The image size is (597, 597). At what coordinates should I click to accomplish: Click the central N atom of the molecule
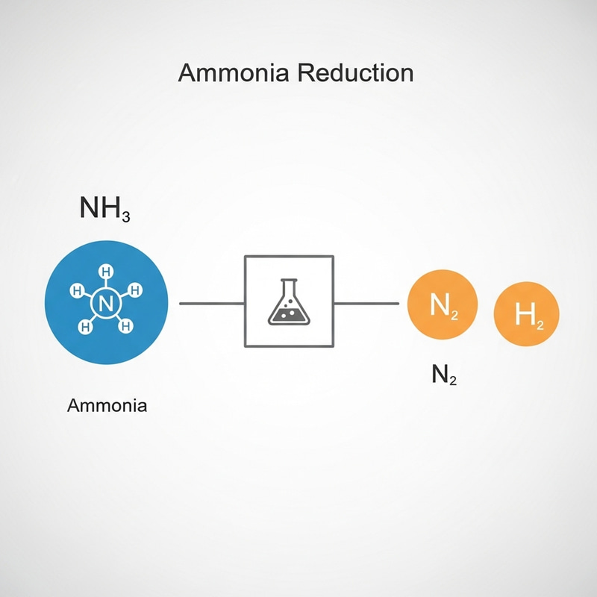tap(105, 304)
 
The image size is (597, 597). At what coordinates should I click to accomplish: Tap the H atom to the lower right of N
tap(126, 325)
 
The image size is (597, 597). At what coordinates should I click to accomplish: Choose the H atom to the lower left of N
tap(86, 326)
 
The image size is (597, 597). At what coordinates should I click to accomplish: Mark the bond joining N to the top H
tap(106, 284)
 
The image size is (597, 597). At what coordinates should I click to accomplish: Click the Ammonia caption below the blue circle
tap(107, 406)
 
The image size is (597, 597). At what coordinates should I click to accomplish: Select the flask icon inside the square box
tap(289, 301)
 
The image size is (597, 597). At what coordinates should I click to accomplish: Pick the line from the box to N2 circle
tap(366, 304)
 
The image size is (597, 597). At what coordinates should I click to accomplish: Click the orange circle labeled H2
tap(527, 313)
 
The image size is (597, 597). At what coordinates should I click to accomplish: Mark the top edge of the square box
tap(289, 256)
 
